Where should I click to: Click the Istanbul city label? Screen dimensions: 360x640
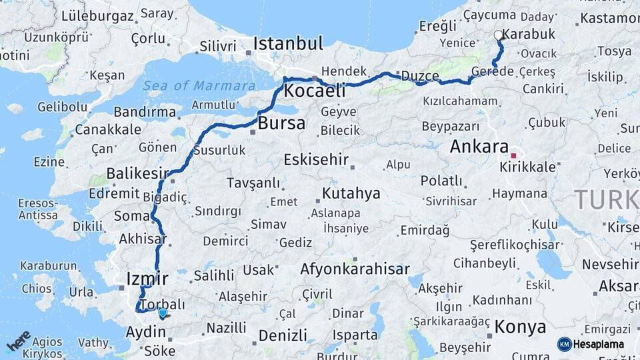coord(288,45)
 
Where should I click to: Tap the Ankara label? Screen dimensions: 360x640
coord(479,147)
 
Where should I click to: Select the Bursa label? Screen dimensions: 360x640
coord(281,123)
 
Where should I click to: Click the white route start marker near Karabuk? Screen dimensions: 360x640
coord(498,35)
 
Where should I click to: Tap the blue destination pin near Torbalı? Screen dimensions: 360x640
coord(163,313)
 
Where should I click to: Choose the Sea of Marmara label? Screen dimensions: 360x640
coord(199,85)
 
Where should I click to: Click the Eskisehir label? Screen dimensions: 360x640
coord(316,159)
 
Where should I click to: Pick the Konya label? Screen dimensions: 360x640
coord(520,327)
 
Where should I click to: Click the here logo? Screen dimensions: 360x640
coord(18,341)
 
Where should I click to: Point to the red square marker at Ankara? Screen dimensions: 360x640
coord(513,155)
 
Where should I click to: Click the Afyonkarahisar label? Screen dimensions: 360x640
coord(355,269)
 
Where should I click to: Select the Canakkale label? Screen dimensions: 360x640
coord(108,129)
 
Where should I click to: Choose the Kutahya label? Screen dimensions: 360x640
coord(351,193)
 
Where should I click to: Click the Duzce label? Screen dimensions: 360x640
coord(419,75)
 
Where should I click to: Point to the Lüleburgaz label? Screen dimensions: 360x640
coord(97,16)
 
